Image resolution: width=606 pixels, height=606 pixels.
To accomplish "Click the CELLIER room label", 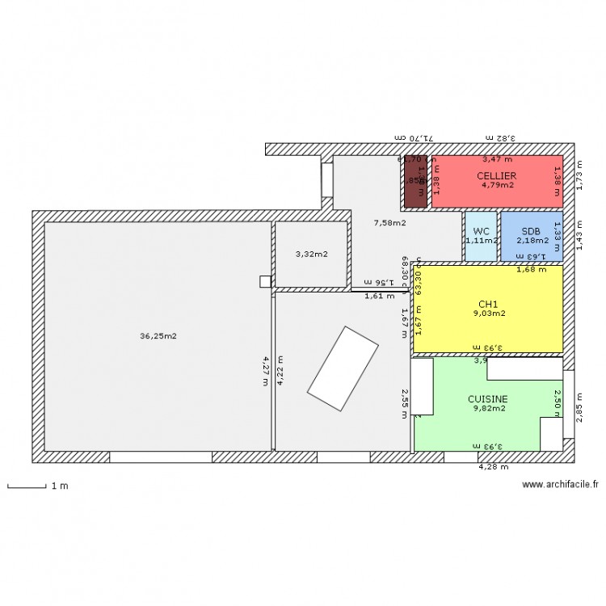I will pyautogui.click(x=496, y=175).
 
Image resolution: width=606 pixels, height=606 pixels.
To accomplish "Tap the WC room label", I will pyautogui.click(x=481, y=231).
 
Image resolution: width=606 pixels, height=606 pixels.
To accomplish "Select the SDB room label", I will pyautogui.click(x=531, y=231).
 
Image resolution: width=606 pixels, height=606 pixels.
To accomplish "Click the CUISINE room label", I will pyautogui.click(x=488, y=399).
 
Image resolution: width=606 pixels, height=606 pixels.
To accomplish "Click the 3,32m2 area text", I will pyautogui.click(x=311, y=255).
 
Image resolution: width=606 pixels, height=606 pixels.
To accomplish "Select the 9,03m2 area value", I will pyautogui.click(x=489, y=314).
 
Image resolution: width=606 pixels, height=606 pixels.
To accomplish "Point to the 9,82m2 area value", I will pyautogui.click(x=489, y=408).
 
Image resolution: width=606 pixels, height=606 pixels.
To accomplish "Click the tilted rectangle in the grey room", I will pyautogui.click(x=343, y=368).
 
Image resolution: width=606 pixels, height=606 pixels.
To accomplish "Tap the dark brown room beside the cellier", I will pyautogui.click(x=415, y=180).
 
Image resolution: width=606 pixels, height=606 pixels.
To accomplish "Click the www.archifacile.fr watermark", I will pyautogui.click(x=560, y=485).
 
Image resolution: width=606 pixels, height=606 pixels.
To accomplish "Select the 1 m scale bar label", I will pyautogui.click(x=59, y=486).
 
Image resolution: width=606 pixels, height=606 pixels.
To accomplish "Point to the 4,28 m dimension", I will pyautogui.click(x=493, y=466).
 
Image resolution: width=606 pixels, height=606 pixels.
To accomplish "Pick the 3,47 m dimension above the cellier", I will pyautogui.click(x=497, y=161).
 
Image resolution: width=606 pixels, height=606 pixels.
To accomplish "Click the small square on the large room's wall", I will pyautogui.click(x=265, y=281).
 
